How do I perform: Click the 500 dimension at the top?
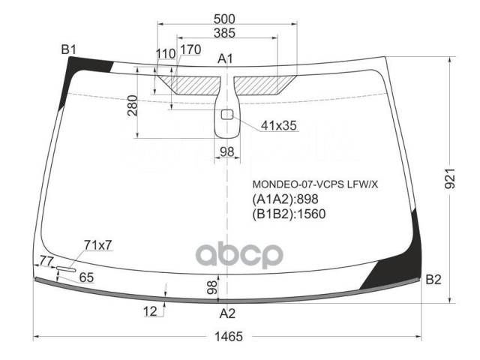(224, 19)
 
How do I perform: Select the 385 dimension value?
(224, 33)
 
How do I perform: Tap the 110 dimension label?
(166, 54)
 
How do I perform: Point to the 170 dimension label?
(190, 49)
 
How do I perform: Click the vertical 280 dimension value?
(133, 106)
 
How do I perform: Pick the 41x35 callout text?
(279, 125)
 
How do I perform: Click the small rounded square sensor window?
(227, 115)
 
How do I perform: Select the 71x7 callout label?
(98, 245)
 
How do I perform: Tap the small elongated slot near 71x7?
(66, 269)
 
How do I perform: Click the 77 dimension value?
(46, 261)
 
